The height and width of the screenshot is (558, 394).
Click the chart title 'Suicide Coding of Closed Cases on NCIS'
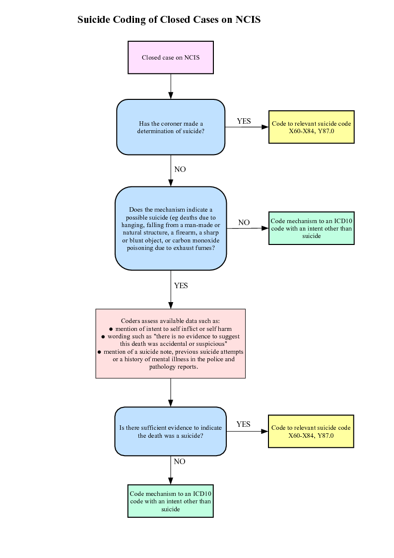click(x=169, y=20)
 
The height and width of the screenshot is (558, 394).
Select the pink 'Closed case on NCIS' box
click(x=171, y=57)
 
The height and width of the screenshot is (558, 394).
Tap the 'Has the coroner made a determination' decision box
click(x=171, y=127)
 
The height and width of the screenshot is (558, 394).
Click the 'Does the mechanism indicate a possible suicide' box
click(x=171, y=229)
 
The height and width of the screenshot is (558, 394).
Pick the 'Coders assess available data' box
click(x=171, y=344)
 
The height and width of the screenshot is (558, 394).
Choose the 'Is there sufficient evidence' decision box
click(x=171, y=431)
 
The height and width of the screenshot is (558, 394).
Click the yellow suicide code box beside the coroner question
click(x=311, y=127)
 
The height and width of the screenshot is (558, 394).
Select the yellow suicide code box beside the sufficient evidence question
click(x=311, y=431)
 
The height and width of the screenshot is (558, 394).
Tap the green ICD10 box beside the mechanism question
click(x=311, y=228)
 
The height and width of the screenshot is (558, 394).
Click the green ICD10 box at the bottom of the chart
click(x=171, y=501)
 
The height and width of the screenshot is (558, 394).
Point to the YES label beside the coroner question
click(x=244, y=121)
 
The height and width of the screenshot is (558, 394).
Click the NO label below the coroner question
click(x=180, y=169)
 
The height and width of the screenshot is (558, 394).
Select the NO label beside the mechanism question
click(x=244, y=223)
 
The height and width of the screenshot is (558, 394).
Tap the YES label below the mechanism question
click(x=181, y=286)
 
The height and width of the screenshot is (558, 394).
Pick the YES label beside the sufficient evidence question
click(x=243, y=424)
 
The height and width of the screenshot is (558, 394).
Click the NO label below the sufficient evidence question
click(x=180, y=462)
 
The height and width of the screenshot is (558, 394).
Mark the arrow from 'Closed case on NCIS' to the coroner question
click(x=171, y=86)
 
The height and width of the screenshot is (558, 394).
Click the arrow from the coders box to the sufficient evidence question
click(x=171, y=393)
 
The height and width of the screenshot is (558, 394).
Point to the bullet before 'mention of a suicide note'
click(x=100, y=352)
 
